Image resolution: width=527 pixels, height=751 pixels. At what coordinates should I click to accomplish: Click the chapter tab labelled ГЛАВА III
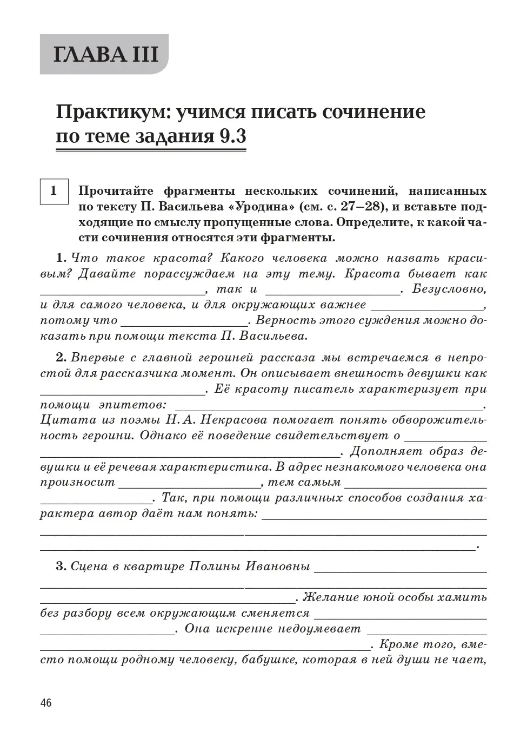pyautogui.click(x=105, y=55)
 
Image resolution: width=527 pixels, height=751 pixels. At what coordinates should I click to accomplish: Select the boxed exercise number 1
pyautogui.click(x=54, y=191)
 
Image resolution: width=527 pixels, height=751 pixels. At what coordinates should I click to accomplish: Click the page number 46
pyautogui.click(x=46, y=703)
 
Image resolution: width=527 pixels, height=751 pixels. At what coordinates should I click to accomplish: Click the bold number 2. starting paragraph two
pyautogui.click(x=61, y=358)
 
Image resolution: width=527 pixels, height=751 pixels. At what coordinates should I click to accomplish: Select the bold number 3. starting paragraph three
pyautogui.click(x=61, y=567)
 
